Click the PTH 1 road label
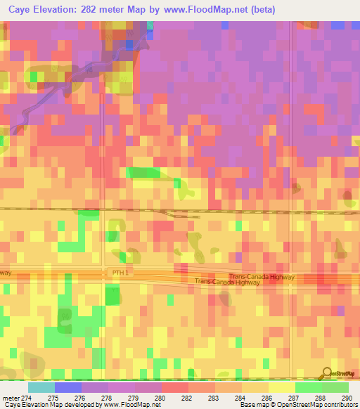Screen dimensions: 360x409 (122, 271)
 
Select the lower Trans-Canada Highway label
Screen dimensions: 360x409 (227, 282)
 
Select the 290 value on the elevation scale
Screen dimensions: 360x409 (346, 397)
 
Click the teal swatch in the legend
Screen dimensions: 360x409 (41, 387)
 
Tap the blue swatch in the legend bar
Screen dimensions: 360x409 (67, 387)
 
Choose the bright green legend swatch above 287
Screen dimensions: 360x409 (308, 387)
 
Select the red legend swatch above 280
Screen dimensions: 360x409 (174, 387)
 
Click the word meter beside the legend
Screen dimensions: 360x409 (10, 397)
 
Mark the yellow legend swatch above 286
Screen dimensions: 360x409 (281, 387)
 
